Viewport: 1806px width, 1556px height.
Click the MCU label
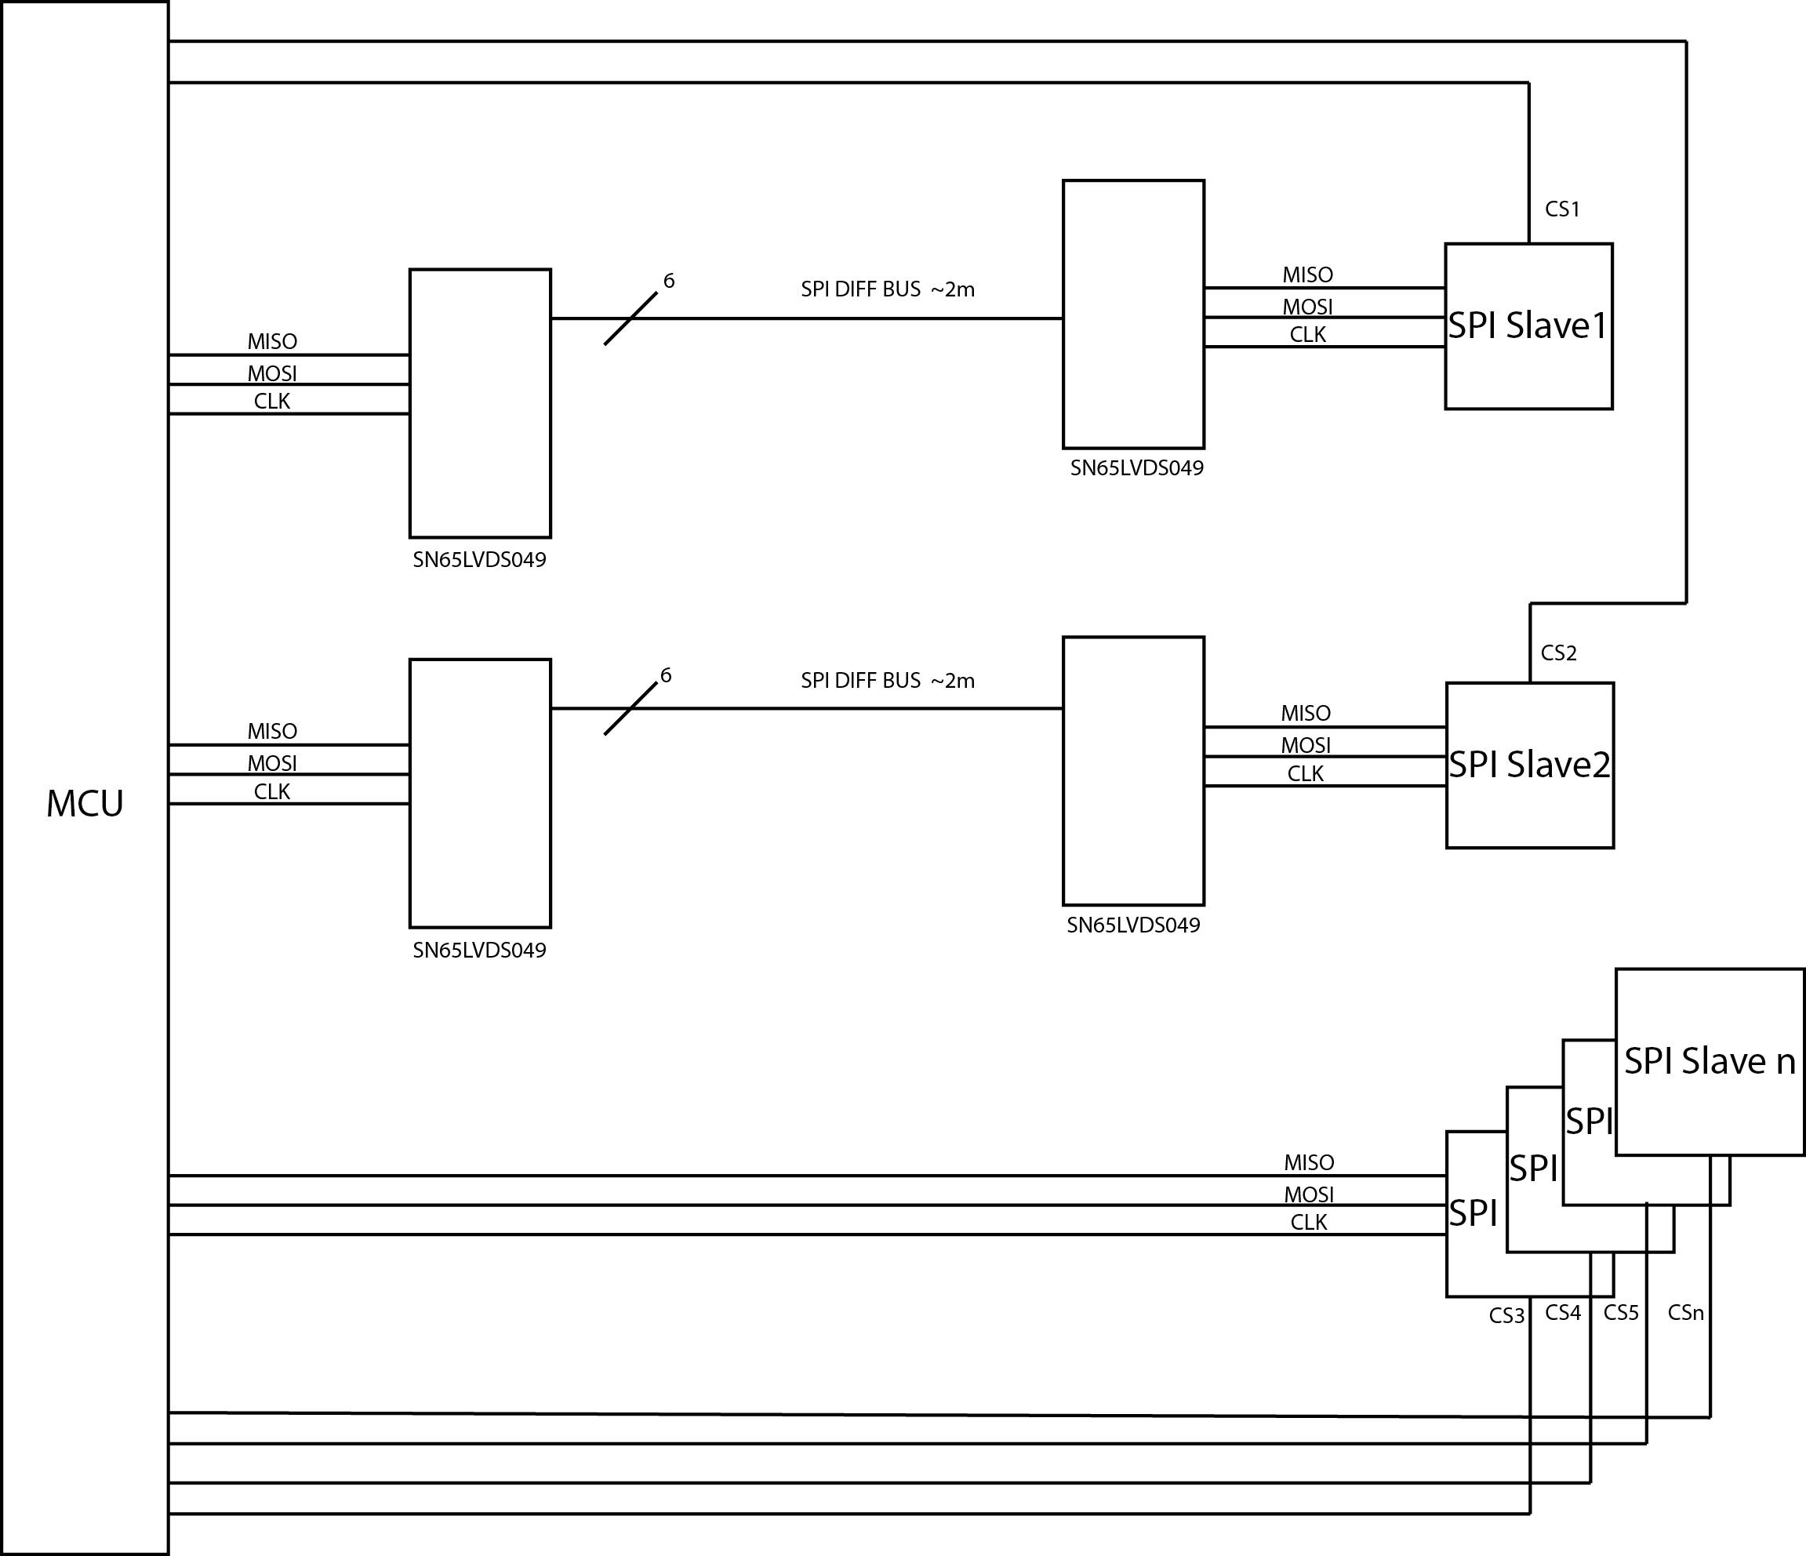(85, 804)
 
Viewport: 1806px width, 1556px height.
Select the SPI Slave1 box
(1528, 326)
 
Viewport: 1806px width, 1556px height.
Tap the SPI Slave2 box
(1529, 765)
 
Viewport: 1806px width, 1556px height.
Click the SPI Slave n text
(1710, 1061)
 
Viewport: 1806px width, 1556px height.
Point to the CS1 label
(1562, 209)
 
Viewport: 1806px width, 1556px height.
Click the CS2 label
(1558, 653)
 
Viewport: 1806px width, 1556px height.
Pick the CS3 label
(1506, 1315)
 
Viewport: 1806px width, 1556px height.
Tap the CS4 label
(1563, 1312)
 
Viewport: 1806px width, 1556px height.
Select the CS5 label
(1621, 1312)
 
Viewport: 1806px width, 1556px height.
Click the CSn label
(1685, 1312)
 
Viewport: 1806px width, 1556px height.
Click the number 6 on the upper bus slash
(669, 281)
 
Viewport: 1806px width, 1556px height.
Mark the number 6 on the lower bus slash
(666, 674)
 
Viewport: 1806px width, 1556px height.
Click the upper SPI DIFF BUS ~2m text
(887, 289)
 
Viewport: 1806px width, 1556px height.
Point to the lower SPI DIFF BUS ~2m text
(887, 681)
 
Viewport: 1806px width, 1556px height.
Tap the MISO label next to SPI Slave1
(1307, 274)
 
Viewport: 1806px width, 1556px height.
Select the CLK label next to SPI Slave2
(1305, 773)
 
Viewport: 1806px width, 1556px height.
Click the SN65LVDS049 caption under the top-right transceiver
(1136, 468)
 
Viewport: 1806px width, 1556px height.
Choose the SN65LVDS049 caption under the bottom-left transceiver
(479, 951)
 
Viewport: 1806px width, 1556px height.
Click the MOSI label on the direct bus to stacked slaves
(1308, 1194)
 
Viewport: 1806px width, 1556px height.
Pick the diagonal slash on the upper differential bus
(630, 319)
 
